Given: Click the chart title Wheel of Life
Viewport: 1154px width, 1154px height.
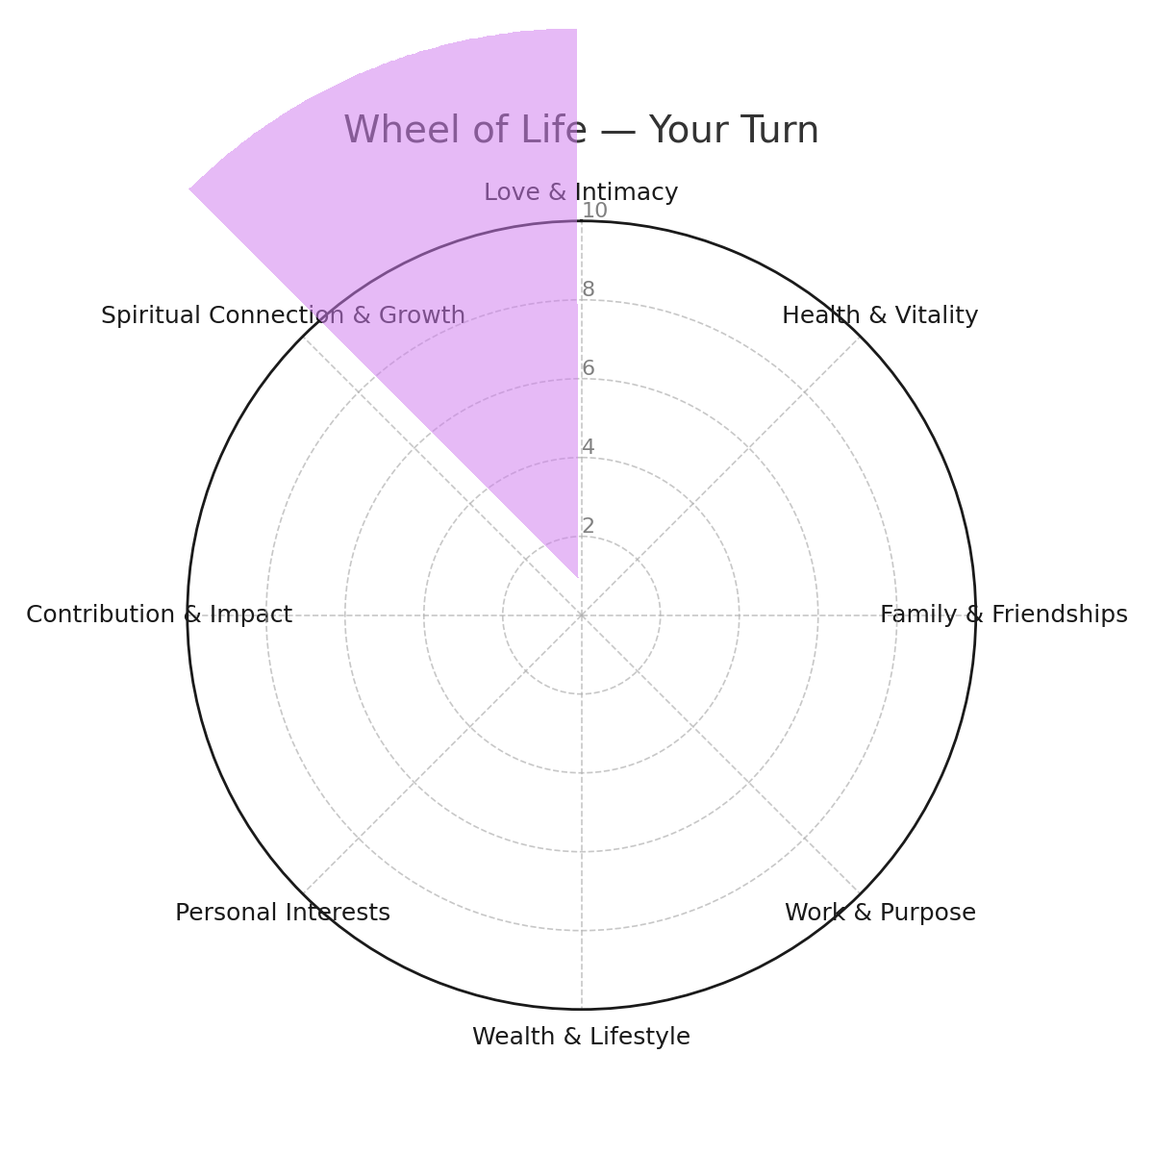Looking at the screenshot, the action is [x=464, y=130].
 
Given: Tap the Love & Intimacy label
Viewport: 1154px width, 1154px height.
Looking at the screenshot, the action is [x=581, y=192].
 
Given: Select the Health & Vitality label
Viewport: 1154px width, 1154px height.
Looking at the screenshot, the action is [x=880, y=315].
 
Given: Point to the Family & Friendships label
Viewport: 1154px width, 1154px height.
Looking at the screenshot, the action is [x=1004, y=615].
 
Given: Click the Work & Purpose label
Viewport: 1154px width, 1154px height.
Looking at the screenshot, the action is [x=880, y=913].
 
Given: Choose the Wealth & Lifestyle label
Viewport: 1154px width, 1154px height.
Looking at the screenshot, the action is [x=581, y=1037].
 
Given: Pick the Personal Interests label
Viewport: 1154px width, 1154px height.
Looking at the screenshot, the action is [x=283, y=913].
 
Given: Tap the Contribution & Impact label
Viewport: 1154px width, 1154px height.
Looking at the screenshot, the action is [x=160, y=615].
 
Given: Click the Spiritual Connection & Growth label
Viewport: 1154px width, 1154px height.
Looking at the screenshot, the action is [x=284, y=315].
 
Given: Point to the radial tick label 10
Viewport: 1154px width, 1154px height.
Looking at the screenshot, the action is [x=594, y=211].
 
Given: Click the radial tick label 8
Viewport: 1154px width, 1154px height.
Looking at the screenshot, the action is [x=589, y=289].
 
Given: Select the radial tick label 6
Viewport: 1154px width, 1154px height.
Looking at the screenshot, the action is [x=589, y=368].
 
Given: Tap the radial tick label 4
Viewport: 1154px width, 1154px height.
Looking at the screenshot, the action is [x=589, y=447].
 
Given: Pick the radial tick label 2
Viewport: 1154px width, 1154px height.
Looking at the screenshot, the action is [x=589, y=526].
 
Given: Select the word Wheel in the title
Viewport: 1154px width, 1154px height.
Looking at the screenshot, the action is [x=402, y=130].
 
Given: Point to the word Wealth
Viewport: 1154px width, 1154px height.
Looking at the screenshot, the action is [x=514, y=1037].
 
